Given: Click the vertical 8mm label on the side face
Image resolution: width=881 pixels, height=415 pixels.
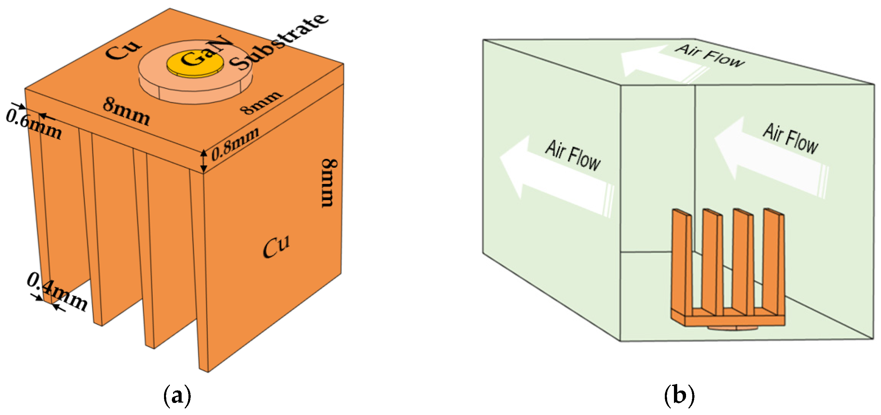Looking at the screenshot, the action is click(329, 183).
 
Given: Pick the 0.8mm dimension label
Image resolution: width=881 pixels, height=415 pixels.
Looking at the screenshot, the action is click(235, 144).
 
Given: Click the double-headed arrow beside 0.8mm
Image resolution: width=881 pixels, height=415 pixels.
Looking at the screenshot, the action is click(203, 161).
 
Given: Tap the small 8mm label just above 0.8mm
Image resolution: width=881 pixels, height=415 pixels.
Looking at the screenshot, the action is click(261, 102).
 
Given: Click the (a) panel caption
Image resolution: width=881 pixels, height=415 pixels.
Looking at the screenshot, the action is click(177, 395).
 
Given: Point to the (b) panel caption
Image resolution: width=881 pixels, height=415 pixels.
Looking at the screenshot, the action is click(679, 395).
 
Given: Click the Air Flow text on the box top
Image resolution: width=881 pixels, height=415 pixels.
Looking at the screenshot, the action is click(709, 55).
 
